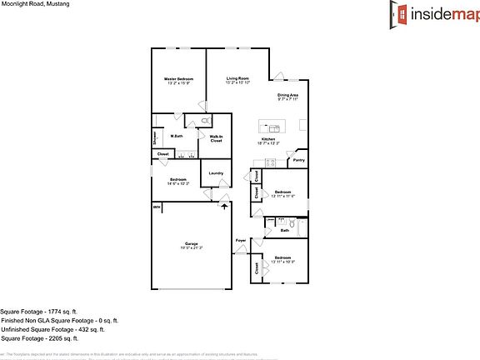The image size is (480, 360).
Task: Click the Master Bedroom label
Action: [x=179, y=78]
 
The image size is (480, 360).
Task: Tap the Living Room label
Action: [x=237, y=78]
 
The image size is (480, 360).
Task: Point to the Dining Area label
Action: [x=288, y=95]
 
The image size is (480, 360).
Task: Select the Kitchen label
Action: [x=267, y=139]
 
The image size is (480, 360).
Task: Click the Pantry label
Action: [x=297, y=160]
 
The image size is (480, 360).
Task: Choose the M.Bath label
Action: [x=177, y=136]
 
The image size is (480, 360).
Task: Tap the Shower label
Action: [x=155, y=138]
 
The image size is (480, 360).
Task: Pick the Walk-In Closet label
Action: [x=216, y=140]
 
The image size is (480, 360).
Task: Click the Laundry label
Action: [x=216, y=172]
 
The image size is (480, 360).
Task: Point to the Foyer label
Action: [x=240, y=240]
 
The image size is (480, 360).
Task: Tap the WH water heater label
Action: [x=156, y=207]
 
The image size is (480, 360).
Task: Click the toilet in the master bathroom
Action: [x=204, y=122]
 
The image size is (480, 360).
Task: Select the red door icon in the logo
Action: [x=401, y=13]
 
